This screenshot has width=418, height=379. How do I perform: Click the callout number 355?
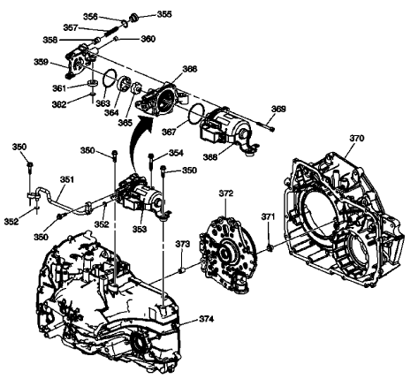click(164, 15)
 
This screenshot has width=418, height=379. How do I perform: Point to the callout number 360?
click(148, 39)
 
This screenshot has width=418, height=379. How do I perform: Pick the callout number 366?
click(189, 68)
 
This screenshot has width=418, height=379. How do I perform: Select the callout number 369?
click(278, 109)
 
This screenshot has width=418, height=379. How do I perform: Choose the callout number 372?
click(225, 193)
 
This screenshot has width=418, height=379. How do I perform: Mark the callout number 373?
click(182, 244)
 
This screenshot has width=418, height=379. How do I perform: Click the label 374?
click(206, 317)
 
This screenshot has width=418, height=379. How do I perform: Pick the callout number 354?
click(176, 154)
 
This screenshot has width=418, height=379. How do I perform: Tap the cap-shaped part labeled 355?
click(135, 16)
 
